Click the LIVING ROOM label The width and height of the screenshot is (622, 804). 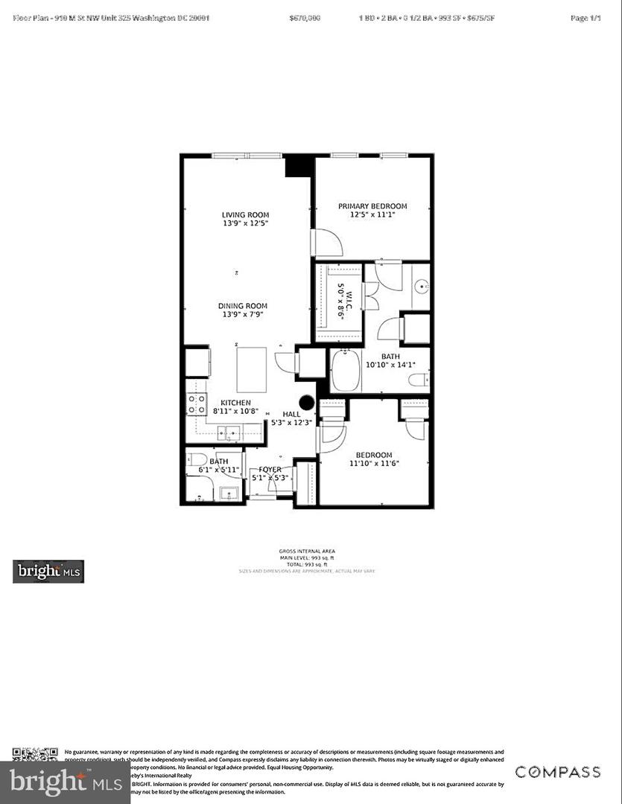(x=244, y=215)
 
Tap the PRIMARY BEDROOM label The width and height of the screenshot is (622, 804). (x=372, y=206)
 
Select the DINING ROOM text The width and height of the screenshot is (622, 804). (x=242, y=306)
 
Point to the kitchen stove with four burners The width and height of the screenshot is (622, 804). (x=196, y=404)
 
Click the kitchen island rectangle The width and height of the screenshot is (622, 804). (x=251, y=369)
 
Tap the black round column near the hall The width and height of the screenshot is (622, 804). (x=307, y=402)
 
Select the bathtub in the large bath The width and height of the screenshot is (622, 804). (x=346, y=370)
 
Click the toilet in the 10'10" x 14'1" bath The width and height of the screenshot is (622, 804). (x=419, y=380)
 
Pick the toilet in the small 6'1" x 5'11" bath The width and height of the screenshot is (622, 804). (x=197, y=459)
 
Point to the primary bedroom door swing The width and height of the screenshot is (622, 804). (x=326, y=243)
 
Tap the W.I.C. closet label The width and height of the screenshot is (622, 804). (x=341, y=301)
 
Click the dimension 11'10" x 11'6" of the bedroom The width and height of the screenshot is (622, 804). (x=373, y=464)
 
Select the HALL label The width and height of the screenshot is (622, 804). (x=291, y=414)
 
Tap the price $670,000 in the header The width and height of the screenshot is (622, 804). (x=305, y=17)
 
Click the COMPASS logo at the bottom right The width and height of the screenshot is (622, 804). (x=558, y=772)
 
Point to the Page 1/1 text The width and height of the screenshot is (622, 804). (x=585, y=17)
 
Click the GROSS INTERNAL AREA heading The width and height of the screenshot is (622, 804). (x=307, y=552)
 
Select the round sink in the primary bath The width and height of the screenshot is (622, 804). (x=421, y=285)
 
